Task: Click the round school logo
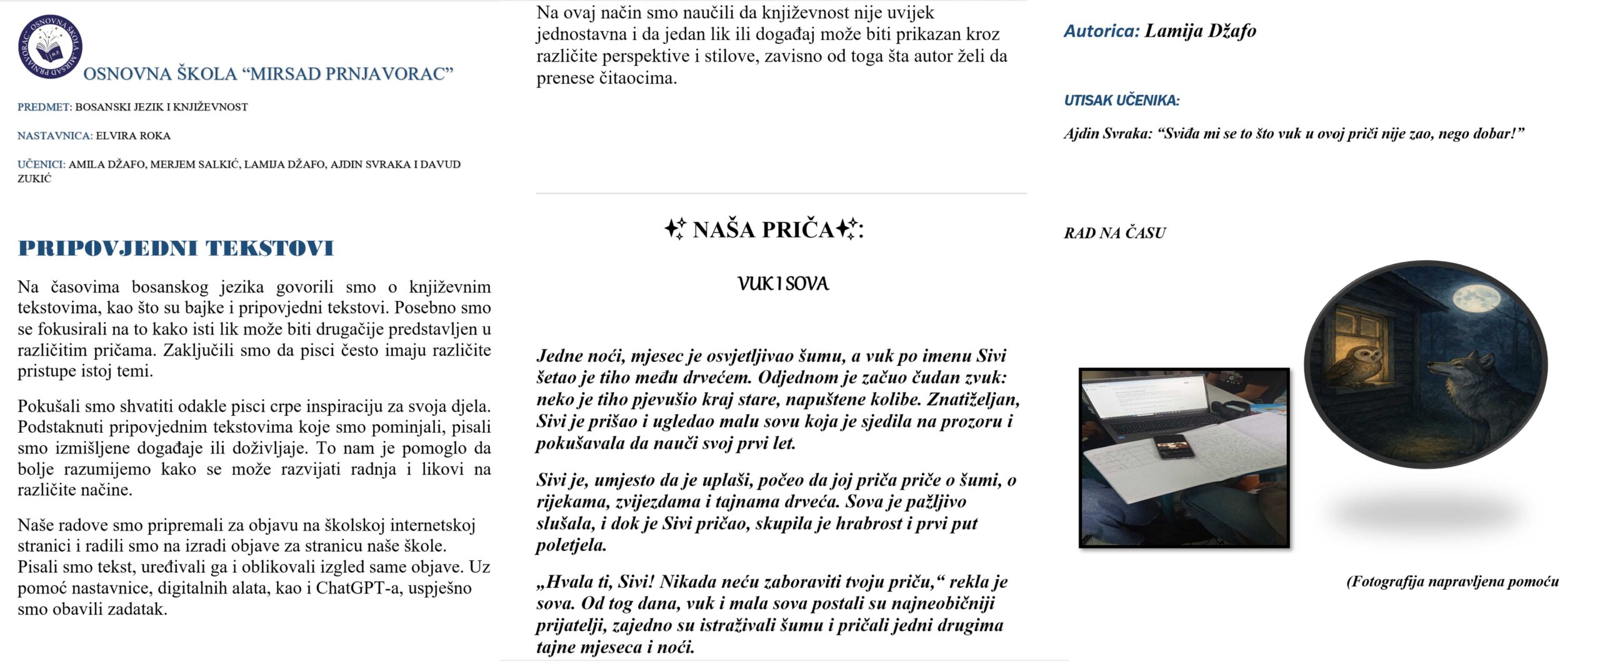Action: pos(50,47)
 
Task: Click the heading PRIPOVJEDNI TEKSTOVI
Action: pos(176,248)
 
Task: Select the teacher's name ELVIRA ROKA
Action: pos(133,136)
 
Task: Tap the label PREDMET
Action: pos(44,107)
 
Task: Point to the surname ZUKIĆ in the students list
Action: pos(34,179)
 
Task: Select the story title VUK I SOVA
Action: pos(782,285)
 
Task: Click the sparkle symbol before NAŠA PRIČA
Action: pos(674,229)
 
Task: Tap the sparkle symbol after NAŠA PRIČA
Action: pos(847,229)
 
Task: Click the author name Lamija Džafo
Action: pos(1200,31)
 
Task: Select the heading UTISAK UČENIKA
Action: pos(1121,101)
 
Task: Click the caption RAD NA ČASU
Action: pos(1114,233)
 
